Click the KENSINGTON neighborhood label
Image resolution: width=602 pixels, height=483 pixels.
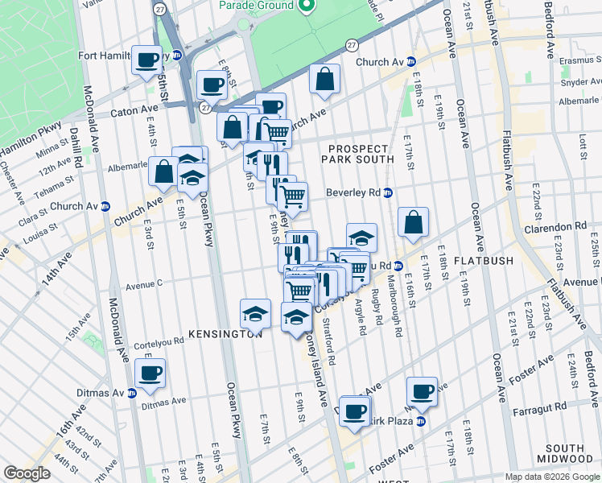pyautogui.click(x=225, y=333)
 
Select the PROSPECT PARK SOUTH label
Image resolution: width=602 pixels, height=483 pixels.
pyautogui.click(x=358, y=154)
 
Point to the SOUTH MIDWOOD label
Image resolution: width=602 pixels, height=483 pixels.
pyautogui.click(x=563, y=454)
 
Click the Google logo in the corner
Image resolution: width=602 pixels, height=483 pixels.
pyautogui.click(x=27, y=473)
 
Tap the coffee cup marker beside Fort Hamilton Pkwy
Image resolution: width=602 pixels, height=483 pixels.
pyautogui.click(x=146, y=60)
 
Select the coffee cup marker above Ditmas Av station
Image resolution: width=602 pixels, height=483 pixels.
pyautogui.click(x=150, y=373)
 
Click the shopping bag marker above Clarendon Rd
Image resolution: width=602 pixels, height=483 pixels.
pyautogui.click(x=413, y=222)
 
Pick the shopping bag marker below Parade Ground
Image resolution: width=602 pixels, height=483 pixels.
pyautogui.click(x=324, y=80)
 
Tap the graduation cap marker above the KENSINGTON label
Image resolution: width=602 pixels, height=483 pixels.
pyautogui.click(x=256, y=313)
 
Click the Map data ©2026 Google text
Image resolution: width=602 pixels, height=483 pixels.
pyautogui.click(x=551, y=477)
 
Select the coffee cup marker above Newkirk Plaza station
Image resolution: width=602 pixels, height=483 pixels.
pyautogui.click(x=422, y=391)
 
